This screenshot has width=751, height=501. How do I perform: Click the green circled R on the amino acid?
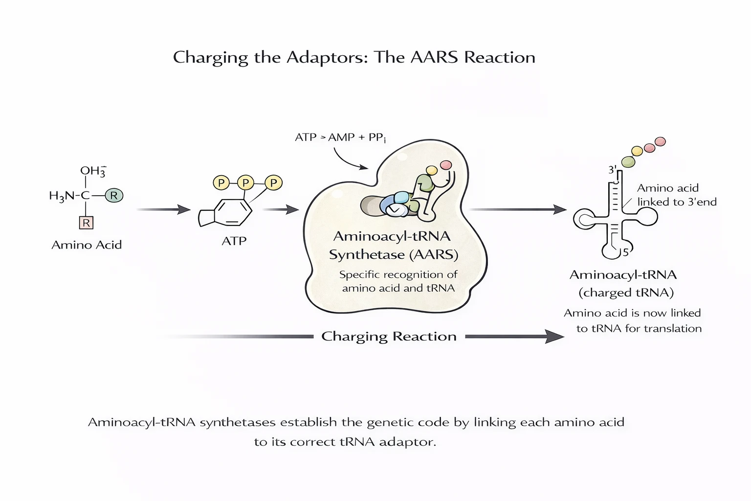click(x=114, y=196)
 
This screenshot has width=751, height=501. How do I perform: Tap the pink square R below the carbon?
click(x=86, y=223)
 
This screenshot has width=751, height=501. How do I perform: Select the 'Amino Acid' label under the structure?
click(x=87, y=245)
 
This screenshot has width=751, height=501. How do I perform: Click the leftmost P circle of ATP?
click(x=221, y=183)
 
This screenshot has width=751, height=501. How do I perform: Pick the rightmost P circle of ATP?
click(x=273, y=183)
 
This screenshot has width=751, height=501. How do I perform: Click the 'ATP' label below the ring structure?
click(x=234, y=241)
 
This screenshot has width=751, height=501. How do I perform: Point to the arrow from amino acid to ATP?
click(x=163, y=209)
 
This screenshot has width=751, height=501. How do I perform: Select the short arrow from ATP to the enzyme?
click(x=281, y=210)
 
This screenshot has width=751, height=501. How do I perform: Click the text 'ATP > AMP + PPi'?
click(x=340, y=137)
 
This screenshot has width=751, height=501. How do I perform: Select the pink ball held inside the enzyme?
click(x=446, y=165)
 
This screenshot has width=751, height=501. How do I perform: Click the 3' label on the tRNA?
click(x=612, y=170)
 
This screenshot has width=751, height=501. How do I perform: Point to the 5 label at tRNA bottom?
click(x=625, y=252)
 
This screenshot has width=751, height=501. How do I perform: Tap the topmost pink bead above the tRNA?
click(x=660, y=141)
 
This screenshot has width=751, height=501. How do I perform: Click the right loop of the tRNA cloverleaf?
click(x=645, y=216)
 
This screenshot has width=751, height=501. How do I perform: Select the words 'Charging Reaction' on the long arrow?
click(x=389, y=337)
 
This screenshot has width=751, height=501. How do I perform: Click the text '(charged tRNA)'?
click(x=626, y=293)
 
